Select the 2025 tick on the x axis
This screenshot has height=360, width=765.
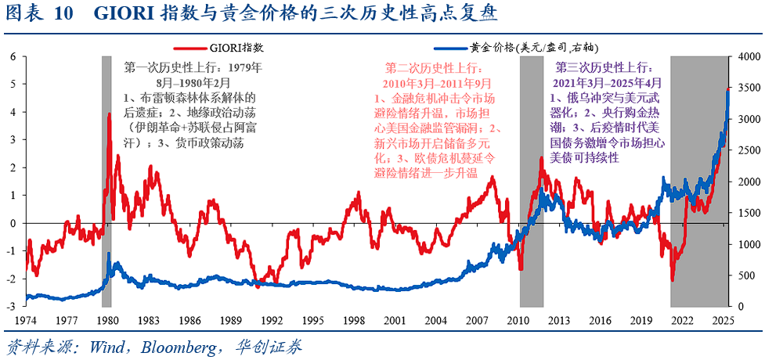coord(724,321)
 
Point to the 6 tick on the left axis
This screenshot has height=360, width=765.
coord(13,57)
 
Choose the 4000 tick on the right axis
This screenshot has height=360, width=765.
coord(746,57)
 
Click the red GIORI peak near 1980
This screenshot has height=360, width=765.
coord(110,114)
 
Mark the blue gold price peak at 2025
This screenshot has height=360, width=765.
coord(727,89)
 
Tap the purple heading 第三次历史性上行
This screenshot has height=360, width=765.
coord(607,68)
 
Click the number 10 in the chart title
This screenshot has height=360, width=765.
coord(64,14)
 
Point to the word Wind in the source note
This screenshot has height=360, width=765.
coord(104,345)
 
